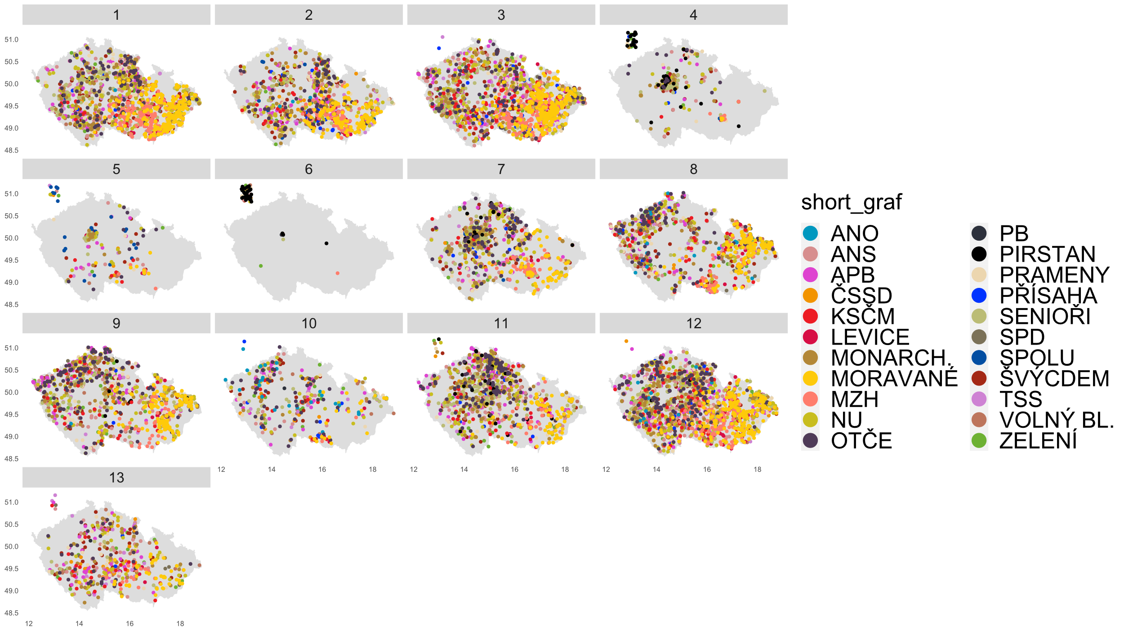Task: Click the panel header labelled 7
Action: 501,169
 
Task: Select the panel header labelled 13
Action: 116,477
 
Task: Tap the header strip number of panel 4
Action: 693,15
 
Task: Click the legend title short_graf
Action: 851,202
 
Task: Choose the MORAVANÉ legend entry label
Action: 894,378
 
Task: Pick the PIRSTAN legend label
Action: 1047,254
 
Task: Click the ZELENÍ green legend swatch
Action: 979,440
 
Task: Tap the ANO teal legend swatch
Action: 810,233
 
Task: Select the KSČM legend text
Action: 862,316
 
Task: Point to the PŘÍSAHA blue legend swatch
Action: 979,296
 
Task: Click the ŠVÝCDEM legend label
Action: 1054,378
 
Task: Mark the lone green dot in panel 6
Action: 261,266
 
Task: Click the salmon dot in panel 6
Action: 338,273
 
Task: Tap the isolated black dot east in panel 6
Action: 326,243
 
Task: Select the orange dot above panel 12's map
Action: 626,341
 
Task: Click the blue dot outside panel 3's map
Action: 439,48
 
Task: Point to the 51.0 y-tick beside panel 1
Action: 12,40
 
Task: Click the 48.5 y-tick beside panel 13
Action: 12,613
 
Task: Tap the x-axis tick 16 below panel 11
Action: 514,469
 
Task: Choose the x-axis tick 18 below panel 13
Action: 180,623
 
